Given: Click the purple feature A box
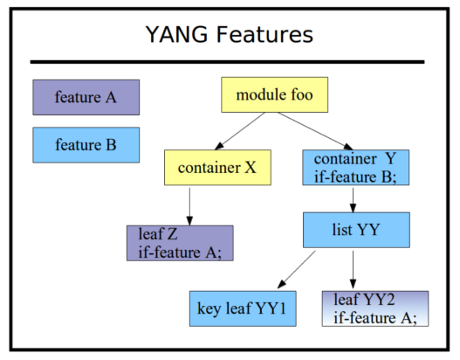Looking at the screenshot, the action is click(86, 97).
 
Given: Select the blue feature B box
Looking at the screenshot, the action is click(86, 145).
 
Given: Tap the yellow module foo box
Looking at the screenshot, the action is click(275, 94).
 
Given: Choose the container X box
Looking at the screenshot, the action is click(217, 168).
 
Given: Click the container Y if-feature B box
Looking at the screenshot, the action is click(356, 168).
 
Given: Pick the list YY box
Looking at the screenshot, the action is click(356, 230).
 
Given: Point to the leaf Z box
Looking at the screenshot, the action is click(180, 243).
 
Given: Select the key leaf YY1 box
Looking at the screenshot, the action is click(243, 308).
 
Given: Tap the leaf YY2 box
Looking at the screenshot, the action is click(375, 308).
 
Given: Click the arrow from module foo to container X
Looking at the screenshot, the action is click(240, 131).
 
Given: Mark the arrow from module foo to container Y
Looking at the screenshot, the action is click(315, 131).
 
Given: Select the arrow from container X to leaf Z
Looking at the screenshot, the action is click(189, 207).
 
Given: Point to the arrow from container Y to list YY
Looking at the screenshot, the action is click(353, 200).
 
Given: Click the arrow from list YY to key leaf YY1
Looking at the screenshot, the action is click(296, 269).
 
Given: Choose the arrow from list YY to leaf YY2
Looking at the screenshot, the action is click(353, 269).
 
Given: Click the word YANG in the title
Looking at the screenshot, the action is click(176, 34).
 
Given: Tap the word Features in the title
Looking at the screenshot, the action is click(264, 34).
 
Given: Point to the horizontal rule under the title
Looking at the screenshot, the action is click(227, 62).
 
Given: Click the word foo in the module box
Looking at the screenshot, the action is click(302, 94).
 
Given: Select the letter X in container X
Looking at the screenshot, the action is click(251, 168).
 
